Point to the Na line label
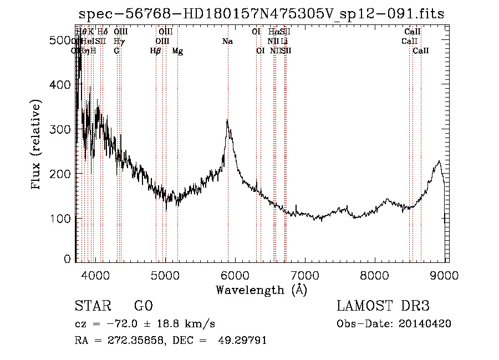tap(227, 42)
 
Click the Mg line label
tap(177, 51)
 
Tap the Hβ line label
tap(156, 51)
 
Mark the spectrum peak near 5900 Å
tap(227, 121)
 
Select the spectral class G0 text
tap(143, 306)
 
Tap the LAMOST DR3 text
tap(383, 306)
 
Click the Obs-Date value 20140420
tap(427, 324)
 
